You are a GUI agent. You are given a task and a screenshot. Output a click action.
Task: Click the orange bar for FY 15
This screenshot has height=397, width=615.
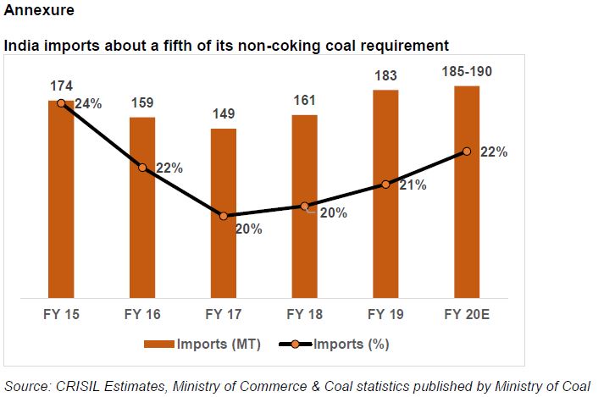(x=61, y=199)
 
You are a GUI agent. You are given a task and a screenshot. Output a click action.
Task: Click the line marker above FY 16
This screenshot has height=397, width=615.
(x=142, y=168)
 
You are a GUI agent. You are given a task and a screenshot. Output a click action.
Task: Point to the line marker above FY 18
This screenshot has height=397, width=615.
(x=304, y=206)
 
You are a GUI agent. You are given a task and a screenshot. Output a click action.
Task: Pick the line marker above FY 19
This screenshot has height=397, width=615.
(x=385, y=184)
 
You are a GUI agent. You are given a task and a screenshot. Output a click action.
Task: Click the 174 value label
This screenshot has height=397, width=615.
(x=61, y=87)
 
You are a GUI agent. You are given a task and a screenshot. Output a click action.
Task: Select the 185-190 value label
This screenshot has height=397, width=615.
(x=467, y=72)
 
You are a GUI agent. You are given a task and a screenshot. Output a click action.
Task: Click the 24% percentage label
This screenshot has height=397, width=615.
(x=88, y=104)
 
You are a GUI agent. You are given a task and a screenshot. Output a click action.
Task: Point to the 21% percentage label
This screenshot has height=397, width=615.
(x=412, y=185)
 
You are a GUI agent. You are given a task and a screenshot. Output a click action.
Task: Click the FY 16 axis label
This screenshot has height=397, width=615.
(x=142, y=314)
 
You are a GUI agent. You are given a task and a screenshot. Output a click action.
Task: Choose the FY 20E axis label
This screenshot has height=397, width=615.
(x=467, y=314)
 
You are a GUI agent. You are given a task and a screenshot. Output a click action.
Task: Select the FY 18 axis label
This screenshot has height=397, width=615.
(x=304, y=314)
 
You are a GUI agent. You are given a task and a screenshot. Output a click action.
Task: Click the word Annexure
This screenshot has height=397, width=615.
(x=38, y=13)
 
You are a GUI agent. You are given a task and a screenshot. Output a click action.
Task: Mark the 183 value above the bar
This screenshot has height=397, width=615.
(x=385, y=76)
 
